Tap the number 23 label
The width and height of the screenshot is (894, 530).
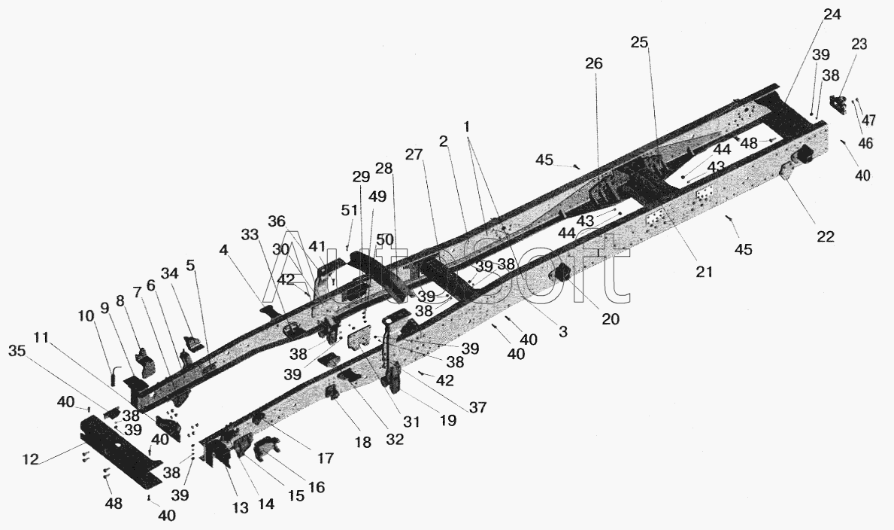point(859,44)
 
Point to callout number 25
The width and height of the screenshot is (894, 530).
point(639,43)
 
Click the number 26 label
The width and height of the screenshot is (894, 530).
point(594,64)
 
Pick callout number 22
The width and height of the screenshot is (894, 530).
point(826,236)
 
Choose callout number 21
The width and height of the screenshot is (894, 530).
point(703,272)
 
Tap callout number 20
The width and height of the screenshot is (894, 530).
point(611,318)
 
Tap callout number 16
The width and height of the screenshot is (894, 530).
point(317,487)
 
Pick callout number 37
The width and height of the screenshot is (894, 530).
point(478,407)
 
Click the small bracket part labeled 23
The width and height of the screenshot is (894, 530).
point(836,105)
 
